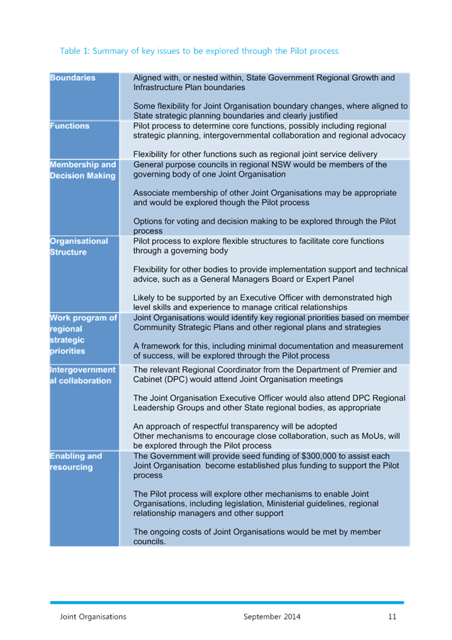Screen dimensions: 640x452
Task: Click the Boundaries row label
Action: [x=72, y=77]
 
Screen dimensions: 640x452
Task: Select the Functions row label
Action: [x=70, y=126]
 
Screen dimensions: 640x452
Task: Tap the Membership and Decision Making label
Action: [x=82, y=170]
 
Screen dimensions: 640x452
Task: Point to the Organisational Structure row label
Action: [x=78, y=246]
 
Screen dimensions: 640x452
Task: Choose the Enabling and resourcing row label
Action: [x=75, y=461]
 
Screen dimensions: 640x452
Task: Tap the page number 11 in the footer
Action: [x=392, y=617]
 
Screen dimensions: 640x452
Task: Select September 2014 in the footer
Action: [x=271, y=617]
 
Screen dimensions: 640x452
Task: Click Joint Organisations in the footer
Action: [x=93, y=617]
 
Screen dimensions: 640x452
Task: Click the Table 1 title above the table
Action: [x=199, y=51]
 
